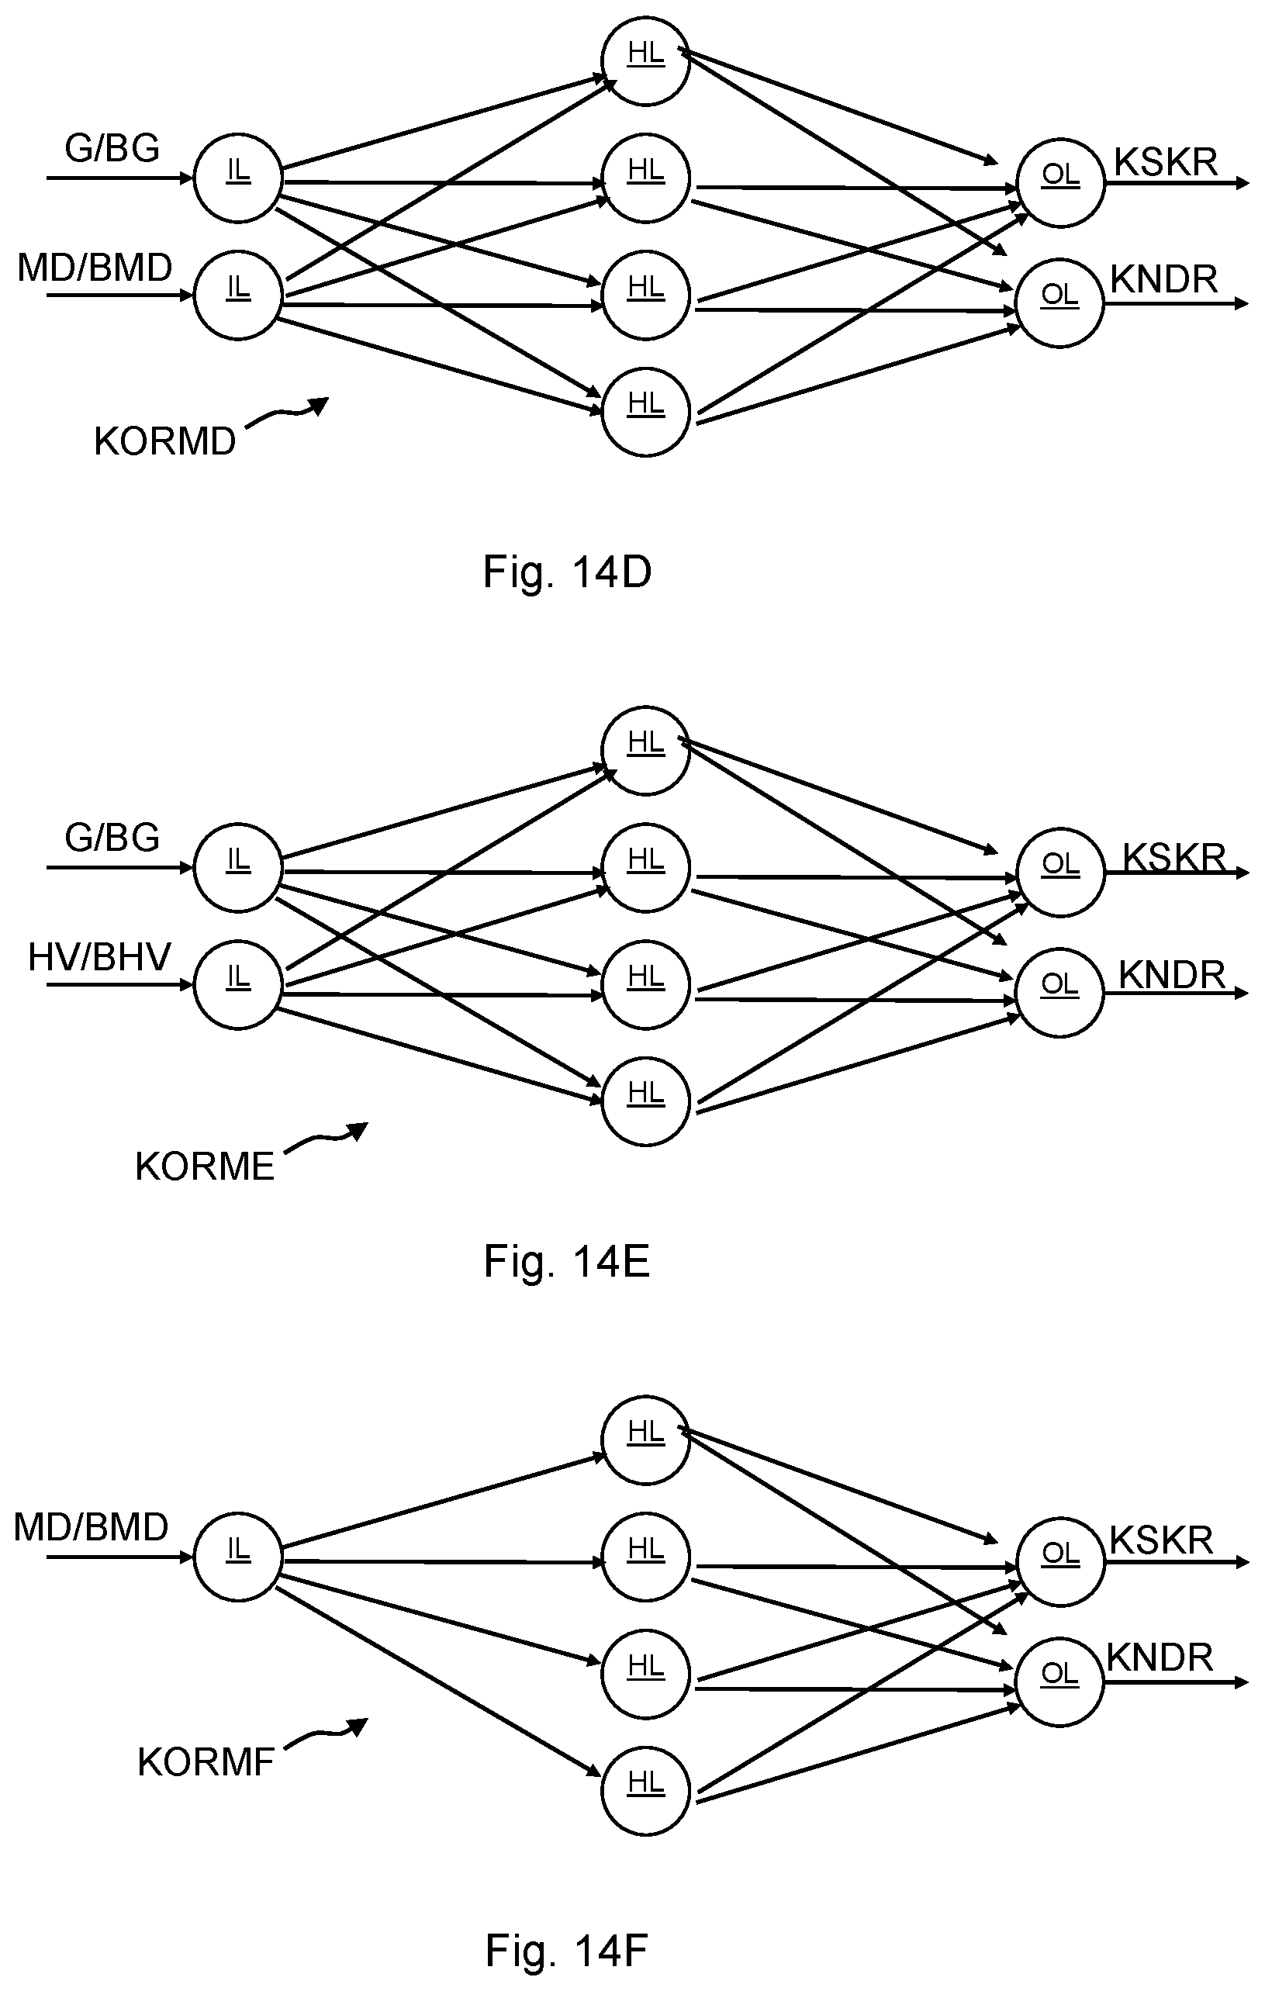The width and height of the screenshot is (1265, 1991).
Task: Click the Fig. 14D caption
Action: tap(567, 572)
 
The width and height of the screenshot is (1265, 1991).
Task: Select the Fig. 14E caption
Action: tap(567, 1262)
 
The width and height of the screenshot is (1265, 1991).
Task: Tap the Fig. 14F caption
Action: tap(567, 1951)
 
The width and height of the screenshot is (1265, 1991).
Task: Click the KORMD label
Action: tap(164, 441)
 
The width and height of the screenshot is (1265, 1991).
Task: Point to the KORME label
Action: tap(204, 1167)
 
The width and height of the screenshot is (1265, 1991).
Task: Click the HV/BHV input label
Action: tap(99, 956)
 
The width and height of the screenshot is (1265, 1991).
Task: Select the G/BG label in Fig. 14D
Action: tap(112, 148)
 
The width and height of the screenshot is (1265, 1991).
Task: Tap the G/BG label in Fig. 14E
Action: tap(112, 838)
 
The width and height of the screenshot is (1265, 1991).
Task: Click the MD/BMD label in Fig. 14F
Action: tap(91, 1526)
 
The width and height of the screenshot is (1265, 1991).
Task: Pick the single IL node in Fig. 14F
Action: tap(238, 1557)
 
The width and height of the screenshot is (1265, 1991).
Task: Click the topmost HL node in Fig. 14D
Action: tap(646, 61)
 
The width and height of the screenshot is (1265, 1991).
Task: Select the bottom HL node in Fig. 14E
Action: tap(646, 1101)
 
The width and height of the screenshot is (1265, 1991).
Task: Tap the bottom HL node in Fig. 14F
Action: tap(646, 1791)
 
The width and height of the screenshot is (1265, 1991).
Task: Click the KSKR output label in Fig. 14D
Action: tap(1166, 162)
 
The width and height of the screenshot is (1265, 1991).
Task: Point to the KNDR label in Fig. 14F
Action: tap(1160, 1657)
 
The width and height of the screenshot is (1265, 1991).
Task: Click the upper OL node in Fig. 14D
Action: tap(1061, 183)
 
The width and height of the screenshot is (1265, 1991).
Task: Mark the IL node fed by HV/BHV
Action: tap(238, 985)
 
